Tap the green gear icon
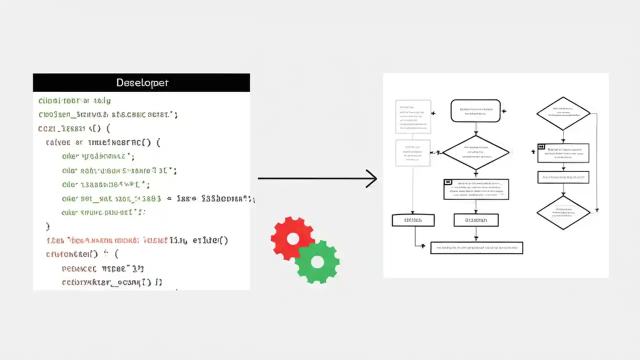317,261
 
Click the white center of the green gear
317,261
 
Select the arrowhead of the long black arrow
371,178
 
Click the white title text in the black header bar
142,82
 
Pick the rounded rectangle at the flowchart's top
475,110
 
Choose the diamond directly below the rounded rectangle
475,152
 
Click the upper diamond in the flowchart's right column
563,113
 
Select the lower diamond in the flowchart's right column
563,212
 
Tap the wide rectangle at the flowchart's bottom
476,247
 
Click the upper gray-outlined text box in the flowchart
413,116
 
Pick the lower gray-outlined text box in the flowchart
413,152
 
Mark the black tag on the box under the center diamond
448,182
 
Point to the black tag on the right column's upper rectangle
541,147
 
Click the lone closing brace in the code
48,226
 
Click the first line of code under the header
75,100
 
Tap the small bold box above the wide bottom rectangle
475,220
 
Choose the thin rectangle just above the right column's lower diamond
563,177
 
